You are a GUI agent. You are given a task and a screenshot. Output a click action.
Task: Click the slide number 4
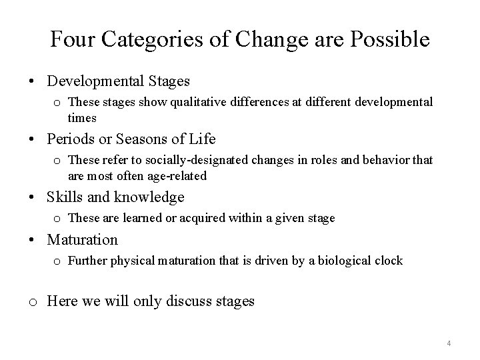tap(449, 343)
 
